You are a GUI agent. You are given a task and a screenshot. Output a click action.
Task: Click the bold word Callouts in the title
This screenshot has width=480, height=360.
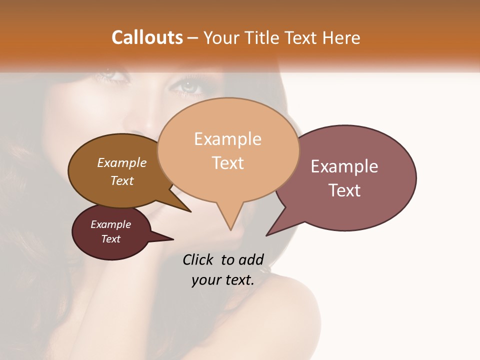point(147,37)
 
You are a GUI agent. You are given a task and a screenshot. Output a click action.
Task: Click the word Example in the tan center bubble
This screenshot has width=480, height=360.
point(227,139)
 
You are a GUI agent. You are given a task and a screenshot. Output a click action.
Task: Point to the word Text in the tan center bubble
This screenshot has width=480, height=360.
point(227,163)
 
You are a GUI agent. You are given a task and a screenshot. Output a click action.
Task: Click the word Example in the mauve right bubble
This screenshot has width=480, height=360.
point(344,166)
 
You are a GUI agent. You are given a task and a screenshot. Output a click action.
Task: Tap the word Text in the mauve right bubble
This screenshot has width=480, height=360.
point(344,190)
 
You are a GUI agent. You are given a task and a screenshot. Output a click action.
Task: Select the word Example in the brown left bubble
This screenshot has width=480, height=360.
point(122,162)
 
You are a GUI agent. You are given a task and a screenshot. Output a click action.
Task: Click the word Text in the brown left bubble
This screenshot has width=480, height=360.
point(122,180)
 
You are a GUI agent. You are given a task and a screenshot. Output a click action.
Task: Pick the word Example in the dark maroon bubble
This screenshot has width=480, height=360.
point(111,224)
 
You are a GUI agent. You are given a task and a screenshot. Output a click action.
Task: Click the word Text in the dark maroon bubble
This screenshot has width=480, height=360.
point(111,239)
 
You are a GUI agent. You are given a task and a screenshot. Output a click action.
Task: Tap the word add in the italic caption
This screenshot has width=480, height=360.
point(251,259)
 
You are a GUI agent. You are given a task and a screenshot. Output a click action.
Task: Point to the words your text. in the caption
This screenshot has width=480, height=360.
point(223,280)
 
